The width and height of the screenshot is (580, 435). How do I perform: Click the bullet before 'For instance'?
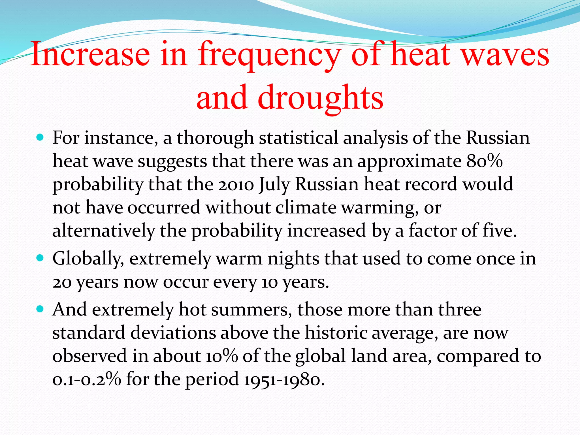(40, 138)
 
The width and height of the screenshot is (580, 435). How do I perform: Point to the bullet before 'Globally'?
(40, 259)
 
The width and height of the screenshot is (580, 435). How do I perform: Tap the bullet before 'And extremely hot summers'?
(40, 309)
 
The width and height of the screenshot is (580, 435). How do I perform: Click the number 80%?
(485, 161)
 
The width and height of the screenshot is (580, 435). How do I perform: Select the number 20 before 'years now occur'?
(62, 282)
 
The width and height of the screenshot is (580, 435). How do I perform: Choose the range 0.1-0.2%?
(87, 379)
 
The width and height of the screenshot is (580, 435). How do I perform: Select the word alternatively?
(104, 231)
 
